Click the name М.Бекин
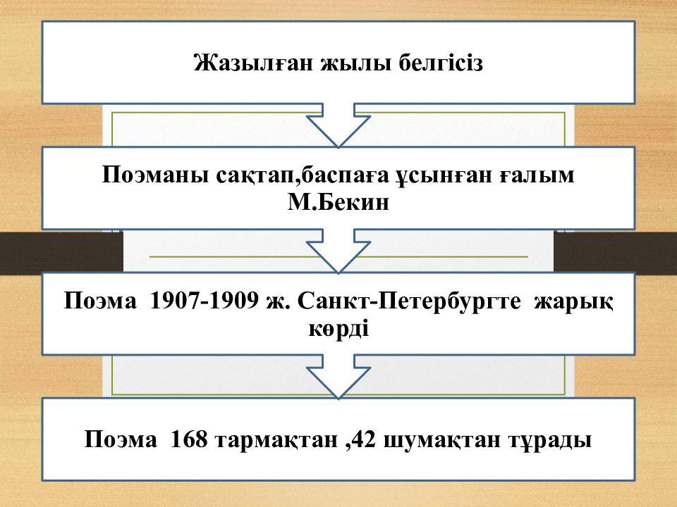click(338, 203)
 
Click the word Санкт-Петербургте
click(410, 302)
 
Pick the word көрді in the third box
click(338, 328)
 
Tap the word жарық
click(573, 302)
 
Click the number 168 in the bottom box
click(189, 441)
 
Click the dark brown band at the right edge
click(615, 251)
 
